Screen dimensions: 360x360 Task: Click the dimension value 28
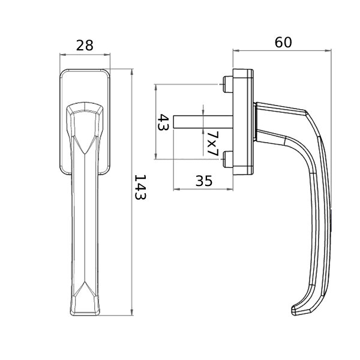coord(85,46)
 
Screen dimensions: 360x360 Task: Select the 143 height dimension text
coord(140,187)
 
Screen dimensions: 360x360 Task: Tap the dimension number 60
coord(283,43)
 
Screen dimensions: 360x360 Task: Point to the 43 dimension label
coord(163,122)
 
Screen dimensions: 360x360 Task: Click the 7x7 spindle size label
coord(212,144)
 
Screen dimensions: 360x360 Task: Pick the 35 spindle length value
coord(204,181)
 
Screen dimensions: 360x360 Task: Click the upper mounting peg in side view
coord(228,84)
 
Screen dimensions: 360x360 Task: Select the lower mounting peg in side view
coord(228,159)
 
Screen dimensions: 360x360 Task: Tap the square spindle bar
coord(203,121)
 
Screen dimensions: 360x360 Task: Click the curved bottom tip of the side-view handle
coord(295,310)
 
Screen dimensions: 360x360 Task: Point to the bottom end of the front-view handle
coord(85,314)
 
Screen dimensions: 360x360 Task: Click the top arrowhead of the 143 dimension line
coord(131,71)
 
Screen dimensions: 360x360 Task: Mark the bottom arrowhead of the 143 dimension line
coord(131,313)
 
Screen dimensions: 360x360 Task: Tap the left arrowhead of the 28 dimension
coord(62,55)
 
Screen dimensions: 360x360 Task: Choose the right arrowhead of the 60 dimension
coord(328,50)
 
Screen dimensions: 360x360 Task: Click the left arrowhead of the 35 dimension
coord(176,189)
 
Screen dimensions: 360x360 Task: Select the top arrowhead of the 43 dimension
coord(156,87)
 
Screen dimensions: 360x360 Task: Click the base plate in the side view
coord(243,122)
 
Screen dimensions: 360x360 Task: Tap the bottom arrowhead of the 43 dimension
coord(156,156)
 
